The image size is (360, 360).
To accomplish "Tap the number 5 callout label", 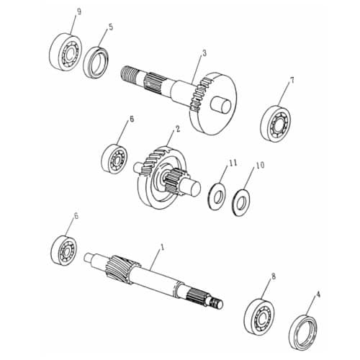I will (x=110, y=27).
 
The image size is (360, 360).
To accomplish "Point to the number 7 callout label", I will (x=292, y=81).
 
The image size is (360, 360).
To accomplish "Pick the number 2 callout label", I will (x=176, y=130).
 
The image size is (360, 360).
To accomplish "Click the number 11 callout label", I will (x=233, y=164).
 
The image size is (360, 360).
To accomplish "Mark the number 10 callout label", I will (x=260, y=166).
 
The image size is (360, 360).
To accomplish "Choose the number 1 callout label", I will (x=162, y=247).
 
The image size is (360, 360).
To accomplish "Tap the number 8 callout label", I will (x=273, y=276).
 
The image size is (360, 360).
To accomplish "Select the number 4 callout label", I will (x=318, y=294).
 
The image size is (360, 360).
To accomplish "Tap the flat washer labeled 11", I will (x=216, y=195).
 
